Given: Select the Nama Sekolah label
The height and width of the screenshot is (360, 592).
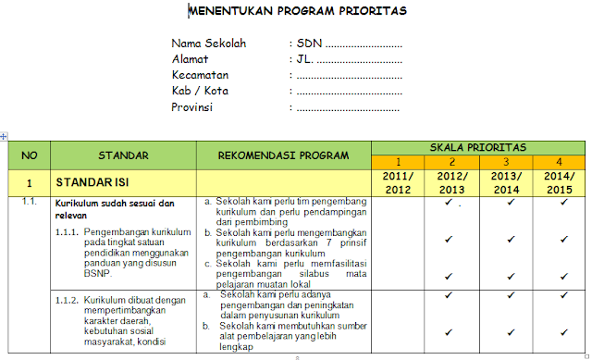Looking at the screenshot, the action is (x=209, y=43).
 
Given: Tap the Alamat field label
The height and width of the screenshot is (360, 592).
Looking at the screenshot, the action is (x=191, y=59).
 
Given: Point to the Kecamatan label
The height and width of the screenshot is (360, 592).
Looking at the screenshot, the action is (x=200, y=75).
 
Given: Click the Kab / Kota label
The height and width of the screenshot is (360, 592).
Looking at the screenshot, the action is (x=200, y=91).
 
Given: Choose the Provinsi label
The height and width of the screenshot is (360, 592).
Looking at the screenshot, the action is (x=192, y=106).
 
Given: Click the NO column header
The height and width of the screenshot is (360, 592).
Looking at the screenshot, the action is (x=30, y=155).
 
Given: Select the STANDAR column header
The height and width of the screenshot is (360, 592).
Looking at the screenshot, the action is (x=123, y=155).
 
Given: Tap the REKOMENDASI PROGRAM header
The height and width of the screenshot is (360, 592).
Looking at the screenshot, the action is (x=283, y=155).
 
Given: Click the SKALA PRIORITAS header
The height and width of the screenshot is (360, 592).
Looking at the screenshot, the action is (x=478, y=147).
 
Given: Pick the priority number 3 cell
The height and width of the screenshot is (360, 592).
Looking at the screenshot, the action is (x=506, y=162).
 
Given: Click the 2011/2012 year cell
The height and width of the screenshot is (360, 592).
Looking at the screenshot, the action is (x=398, y=182).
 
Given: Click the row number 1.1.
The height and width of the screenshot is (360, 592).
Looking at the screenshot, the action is (x=29, y=201).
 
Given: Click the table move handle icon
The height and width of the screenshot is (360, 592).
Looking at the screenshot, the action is (x=4, y=136).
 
